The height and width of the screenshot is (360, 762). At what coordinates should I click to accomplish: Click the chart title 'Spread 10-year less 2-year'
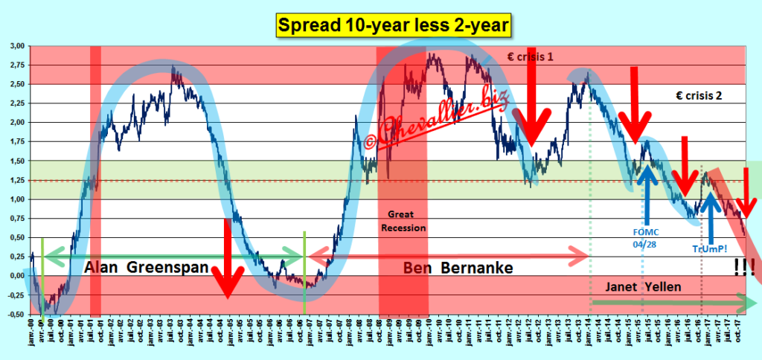[394, 26]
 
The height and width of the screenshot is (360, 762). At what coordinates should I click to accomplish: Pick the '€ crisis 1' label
[521, 57]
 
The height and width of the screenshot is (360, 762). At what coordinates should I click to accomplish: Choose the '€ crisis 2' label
[698, 95]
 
